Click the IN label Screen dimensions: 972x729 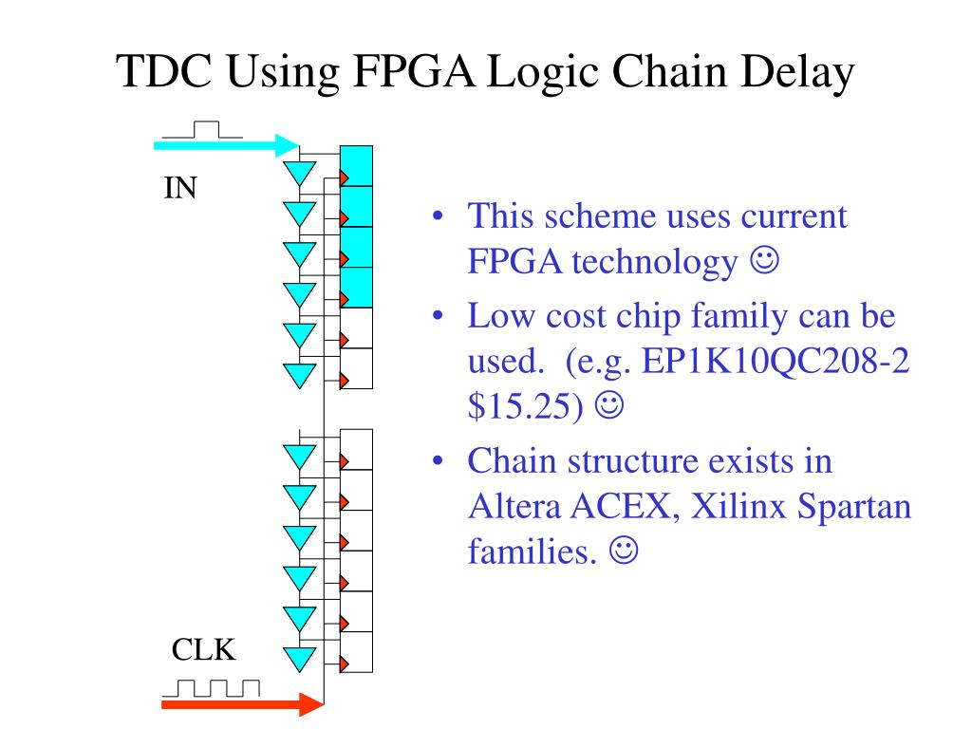pos(180,188)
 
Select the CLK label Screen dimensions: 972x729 pos(203,650)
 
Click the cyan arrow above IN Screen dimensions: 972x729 pos(227,145)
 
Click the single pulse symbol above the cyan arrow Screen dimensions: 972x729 pos(202,130)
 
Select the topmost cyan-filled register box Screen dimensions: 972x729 pos(357,166)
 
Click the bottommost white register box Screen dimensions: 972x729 pos(357,651)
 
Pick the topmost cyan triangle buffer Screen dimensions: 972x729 pos(300,173)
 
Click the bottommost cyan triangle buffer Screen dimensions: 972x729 pos(300,657)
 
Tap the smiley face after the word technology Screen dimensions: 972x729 pos(763,261)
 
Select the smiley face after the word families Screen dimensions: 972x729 pos(625,550)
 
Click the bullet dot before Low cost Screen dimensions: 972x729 pos(438,315)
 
